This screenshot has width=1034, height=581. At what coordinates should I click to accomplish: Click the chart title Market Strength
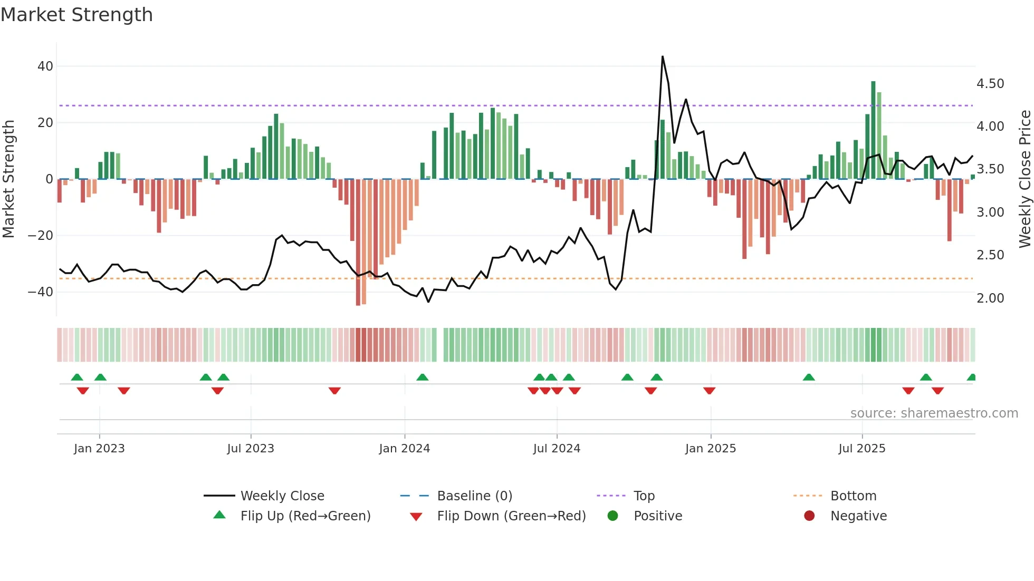click(x=76, y=15)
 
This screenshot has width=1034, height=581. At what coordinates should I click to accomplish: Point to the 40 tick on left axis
click(x=45, y=66)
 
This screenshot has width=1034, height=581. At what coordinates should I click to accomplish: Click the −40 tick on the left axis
click(x=41, y=292)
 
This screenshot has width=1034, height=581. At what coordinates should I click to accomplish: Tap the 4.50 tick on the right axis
click(x=990, y=84)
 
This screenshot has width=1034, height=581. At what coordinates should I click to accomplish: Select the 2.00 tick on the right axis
click(x=990, y=298)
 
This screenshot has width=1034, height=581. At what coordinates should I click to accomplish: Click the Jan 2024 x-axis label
click(x=404, y=449)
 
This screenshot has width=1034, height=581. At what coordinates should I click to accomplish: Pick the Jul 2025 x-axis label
click(x=861, y=449)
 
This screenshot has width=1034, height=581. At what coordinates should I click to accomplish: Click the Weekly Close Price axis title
click(x=1025, y=179)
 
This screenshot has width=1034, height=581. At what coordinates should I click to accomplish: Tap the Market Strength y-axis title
click(x=9, y=179)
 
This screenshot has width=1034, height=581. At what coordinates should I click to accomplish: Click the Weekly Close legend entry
click(x=282, y=496)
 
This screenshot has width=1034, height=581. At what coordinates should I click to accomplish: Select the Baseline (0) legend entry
click(x=474, y=496)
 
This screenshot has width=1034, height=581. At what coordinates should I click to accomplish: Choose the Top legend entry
click(x=644, y=496)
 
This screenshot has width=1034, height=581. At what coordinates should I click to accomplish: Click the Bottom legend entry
click(x=853, y=496)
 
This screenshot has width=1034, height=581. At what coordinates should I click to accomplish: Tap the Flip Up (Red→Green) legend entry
click(x=305, y=516)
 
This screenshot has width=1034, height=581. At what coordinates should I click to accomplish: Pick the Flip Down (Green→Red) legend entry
click(x=511, y=516)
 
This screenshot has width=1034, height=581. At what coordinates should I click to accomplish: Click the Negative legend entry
click(x=858, y=516)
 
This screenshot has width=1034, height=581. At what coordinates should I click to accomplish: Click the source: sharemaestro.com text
click(x=934, y=413)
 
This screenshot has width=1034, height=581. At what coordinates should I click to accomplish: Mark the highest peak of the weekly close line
click(x=663, y=56)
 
